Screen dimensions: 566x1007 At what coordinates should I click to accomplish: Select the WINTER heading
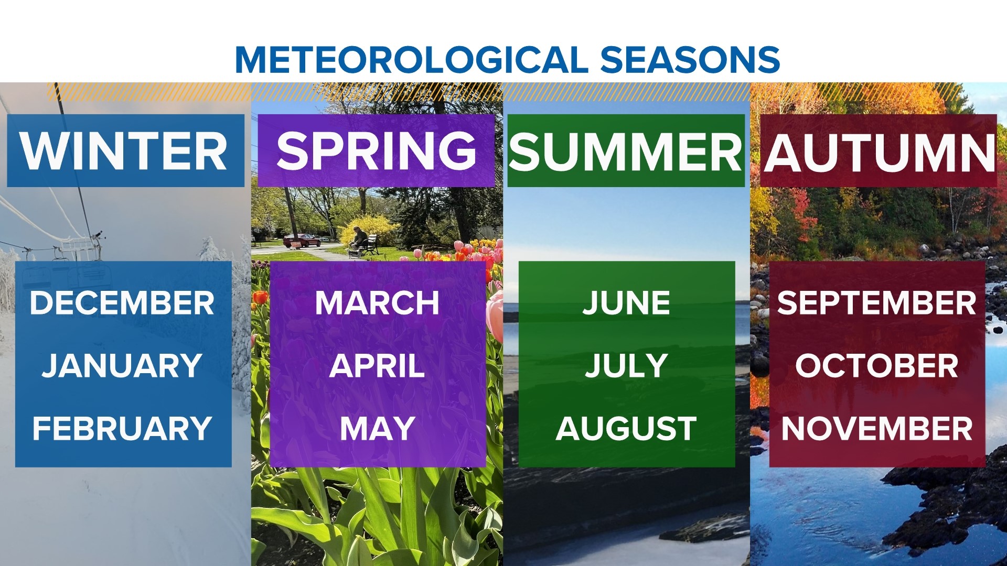pyautogui.click(x=124, y=151)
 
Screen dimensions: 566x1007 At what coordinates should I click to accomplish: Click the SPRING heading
pyautogui.click(x=376, y=151)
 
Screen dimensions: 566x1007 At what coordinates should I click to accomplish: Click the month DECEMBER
pyautogui.click(x=122, y=303)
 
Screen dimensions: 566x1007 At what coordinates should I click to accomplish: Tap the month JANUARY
pyautogui.click(x=122, y=365)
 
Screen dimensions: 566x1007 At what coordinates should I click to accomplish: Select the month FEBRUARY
pyautogui.click(x=122, y=428)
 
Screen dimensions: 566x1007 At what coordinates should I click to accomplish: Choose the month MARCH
pyautogui.click(x=377, y=303)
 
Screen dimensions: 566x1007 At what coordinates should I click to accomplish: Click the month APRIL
pyautogui.click(x=377, y=365)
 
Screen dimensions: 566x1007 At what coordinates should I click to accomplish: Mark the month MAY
pyautogui.click(x=377, y=428)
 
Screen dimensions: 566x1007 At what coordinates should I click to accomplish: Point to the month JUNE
pyautogui.click(x=626, y=303)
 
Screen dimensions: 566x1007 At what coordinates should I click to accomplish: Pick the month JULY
pyautogui.click(x=626, y=365)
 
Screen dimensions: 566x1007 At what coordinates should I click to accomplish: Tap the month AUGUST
pyautogui.click(x=626, y=428)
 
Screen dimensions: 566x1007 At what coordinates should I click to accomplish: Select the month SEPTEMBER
pyautogui.click(x=876, y=303)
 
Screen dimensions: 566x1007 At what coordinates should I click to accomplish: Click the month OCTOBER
pyautogui.click(x=876, y=365)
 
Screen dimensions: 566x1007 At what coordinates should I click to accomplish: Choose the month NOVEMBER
pyautogui.click(x=876, y=428)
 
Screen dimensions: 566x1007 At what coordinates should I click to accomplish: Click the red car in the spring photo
pyautogui.click(x=302, y=241)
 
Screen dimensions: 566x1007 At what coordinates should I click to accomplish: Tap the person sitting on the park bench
pyautogui.click(x=359, y=238)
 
